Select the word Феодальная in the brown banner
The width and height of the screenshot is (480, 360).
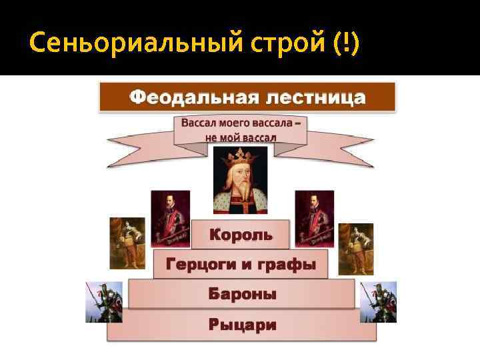(189, 98)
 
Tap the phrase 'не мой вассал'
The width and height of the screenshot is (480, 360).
(241, 137)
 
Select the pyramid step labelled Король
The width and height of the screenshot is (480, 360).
(241, 235)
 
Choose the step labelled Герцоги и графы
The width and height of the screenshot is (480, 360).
(241, 264)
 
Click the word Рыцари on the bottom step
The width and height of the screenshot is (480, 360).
(242, 325)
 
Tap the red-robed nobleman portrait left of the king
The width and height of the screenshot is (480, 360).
(170, 219)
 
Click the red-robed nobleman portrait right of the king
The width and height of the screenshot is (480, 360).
(314, 219)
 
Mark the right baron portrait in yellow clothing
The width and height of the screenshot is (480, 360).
(355, 249)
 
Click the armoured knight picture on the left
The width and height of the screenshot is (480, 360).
(104, 301)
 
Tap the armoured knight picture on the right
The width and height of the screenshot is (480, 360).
(378, 301)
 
